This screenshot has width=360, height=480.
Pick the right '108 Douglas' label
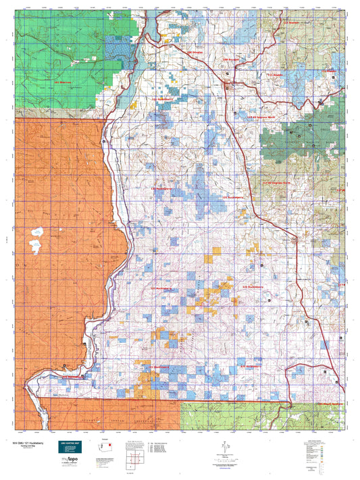pos(232,59)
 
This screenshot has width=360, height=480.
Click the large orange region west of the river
pos(54,270)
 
